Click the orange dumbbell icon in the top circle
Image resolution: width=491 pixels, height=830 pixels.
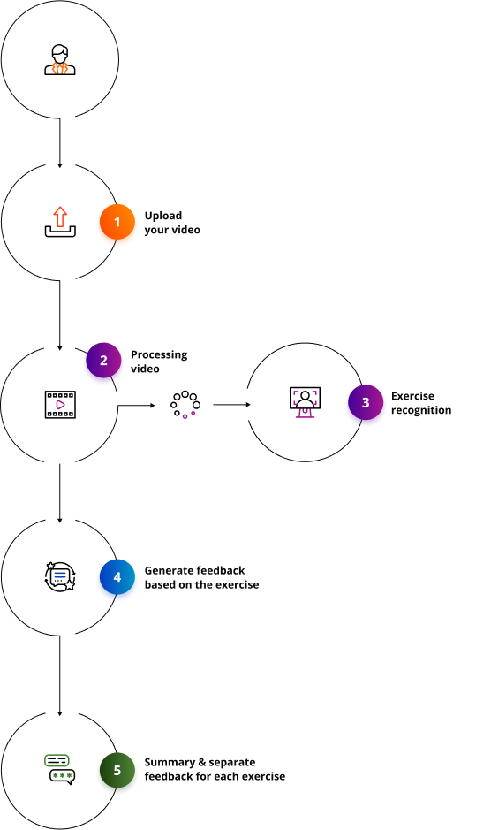[60, 68]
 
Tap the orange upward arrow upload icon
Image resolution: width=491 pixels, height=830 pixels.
[60, 217]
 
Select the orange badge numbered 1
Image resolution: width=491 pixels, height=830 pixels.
[117, 225]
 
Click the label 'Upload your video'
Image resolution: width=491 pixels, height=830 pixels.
[173, 223]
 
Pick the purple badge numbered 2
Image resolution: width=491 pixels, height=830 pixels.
[103, 362]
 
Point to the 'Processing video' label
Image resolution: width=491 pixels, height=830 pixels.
[160, 362]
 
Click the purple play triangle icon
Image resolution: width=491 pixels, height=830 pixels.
[60, 405]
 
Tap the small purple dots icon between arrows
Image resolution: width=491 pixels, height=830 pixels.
[188, 414]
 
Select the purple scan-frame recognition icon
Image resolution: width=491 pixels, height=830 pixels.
[305, 404]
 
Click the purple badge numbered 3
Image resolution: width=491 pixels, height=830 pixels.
[366, 405]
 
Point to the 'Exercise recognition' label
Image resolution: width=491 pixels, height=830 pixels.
[420, 404]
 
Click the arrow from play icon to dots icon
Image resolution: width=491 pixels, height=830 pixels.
[137, 406]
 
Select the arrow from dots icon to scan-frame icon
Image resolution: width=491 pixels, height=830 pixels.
[231, 405]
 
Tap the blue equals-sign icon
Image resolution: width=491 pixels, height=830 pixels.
[60, 575]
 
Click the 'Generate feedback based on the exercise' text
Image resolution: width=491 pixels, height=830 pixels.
[201, 578]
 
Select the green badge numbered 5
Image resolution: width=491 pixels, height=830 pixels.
[117, 772]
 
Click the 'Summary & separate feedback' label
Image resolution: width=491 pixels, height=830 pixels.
[215, 769]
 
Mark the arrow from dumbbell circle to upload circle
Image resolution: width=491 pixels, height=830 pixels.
[60, 141]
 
